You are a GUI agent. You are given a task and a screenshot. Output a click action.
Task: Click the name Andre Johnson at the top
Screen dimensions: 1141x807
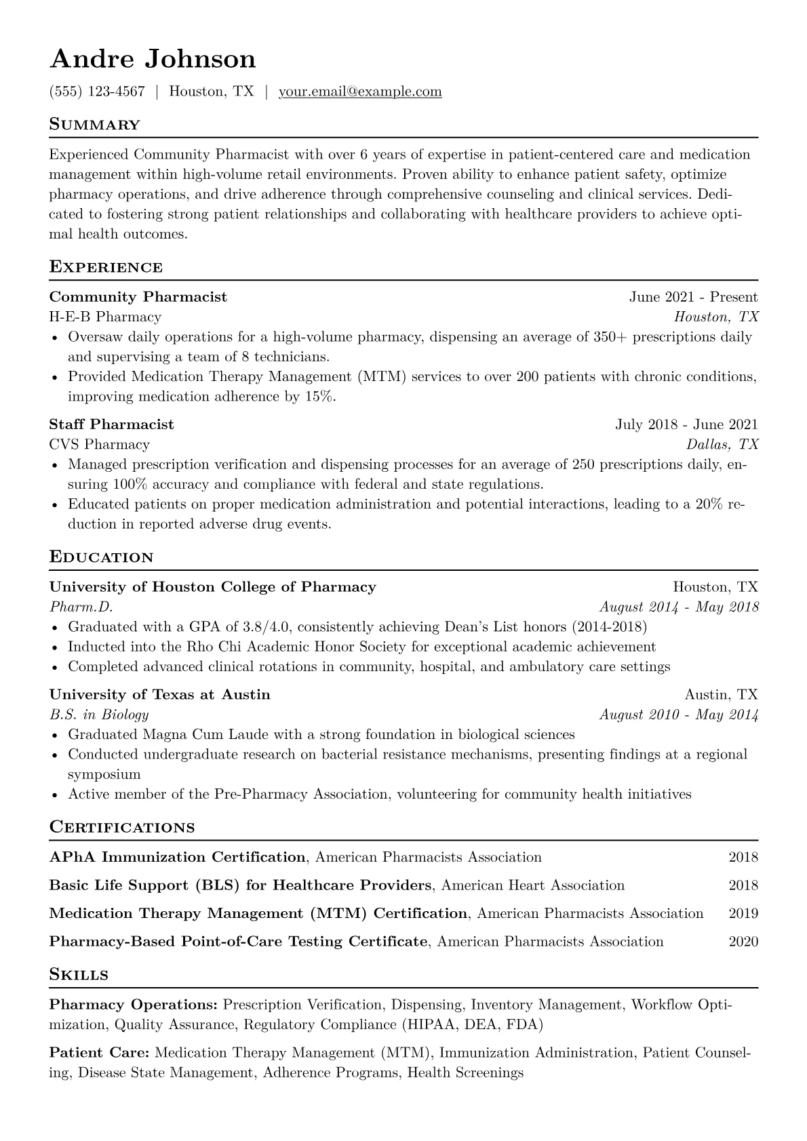coord(153,59)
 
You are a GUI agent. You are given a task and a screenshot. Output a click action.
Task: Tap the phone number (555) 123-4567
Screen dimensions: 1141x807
coord(97,92)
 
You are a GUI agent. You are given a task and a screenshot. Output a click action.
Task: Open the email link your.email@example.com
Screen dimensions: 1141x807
coord(360,92)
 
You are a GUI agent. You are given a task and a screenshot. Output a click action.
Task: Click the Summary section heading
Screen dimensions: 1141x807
coord(95,125)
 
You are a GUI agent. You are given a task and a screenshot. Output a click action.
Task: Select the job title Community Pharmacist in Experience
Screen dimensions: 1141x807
coord(138,297)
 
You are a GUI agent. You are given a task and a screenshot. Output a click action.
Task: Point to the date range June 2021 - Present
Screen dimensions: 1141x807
coord(693,297)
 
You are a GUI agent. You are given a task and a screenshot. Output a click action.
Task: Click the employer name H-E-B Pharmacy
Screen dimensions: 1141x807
coord(105,317)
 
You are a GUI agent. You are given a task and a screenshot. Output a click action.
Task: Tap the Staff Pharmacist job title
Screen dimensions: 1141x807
coord(111,424)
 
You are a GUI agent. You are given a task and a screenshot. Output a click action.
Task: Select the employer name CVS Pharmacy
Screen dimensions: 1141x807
coord(99,445)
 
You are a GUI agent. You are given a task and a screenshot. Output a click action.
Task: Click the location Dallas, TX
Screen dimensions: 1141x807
coord(722,445)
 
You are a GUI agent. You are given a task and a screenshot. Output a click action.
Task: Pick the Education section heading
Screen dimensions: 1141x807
coord(102,557)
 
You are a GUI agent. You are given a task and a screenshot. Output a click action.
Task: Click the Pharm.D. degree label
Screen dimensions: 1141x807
coord(81,607)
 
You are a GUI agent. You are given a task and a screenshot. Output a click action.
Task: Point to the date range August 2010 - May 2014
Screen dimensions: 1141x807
coord(679,715)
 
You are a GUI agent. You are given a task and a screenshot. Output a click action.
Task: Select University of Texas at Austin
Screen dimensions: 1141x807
coord(159,695)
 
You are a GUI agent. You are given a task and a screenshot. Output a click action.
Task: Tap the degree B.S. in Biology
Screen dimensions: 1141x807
coord(99,715)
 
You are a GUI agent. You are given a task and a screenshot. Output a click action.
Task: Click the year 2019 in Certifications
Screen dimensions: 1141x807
coord(743,913)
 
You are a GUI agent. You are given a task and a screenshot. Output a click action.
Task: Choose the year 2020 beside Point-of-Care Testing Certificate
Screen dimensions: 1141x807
coord(743,942)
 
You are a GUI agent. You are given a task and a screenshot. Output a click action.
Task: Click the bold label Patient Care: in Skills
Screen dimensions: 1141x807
coord(100,1053)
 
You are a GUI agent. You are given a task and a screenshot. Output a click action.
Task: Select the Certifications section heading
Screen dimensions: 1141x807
coord(122,827)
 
